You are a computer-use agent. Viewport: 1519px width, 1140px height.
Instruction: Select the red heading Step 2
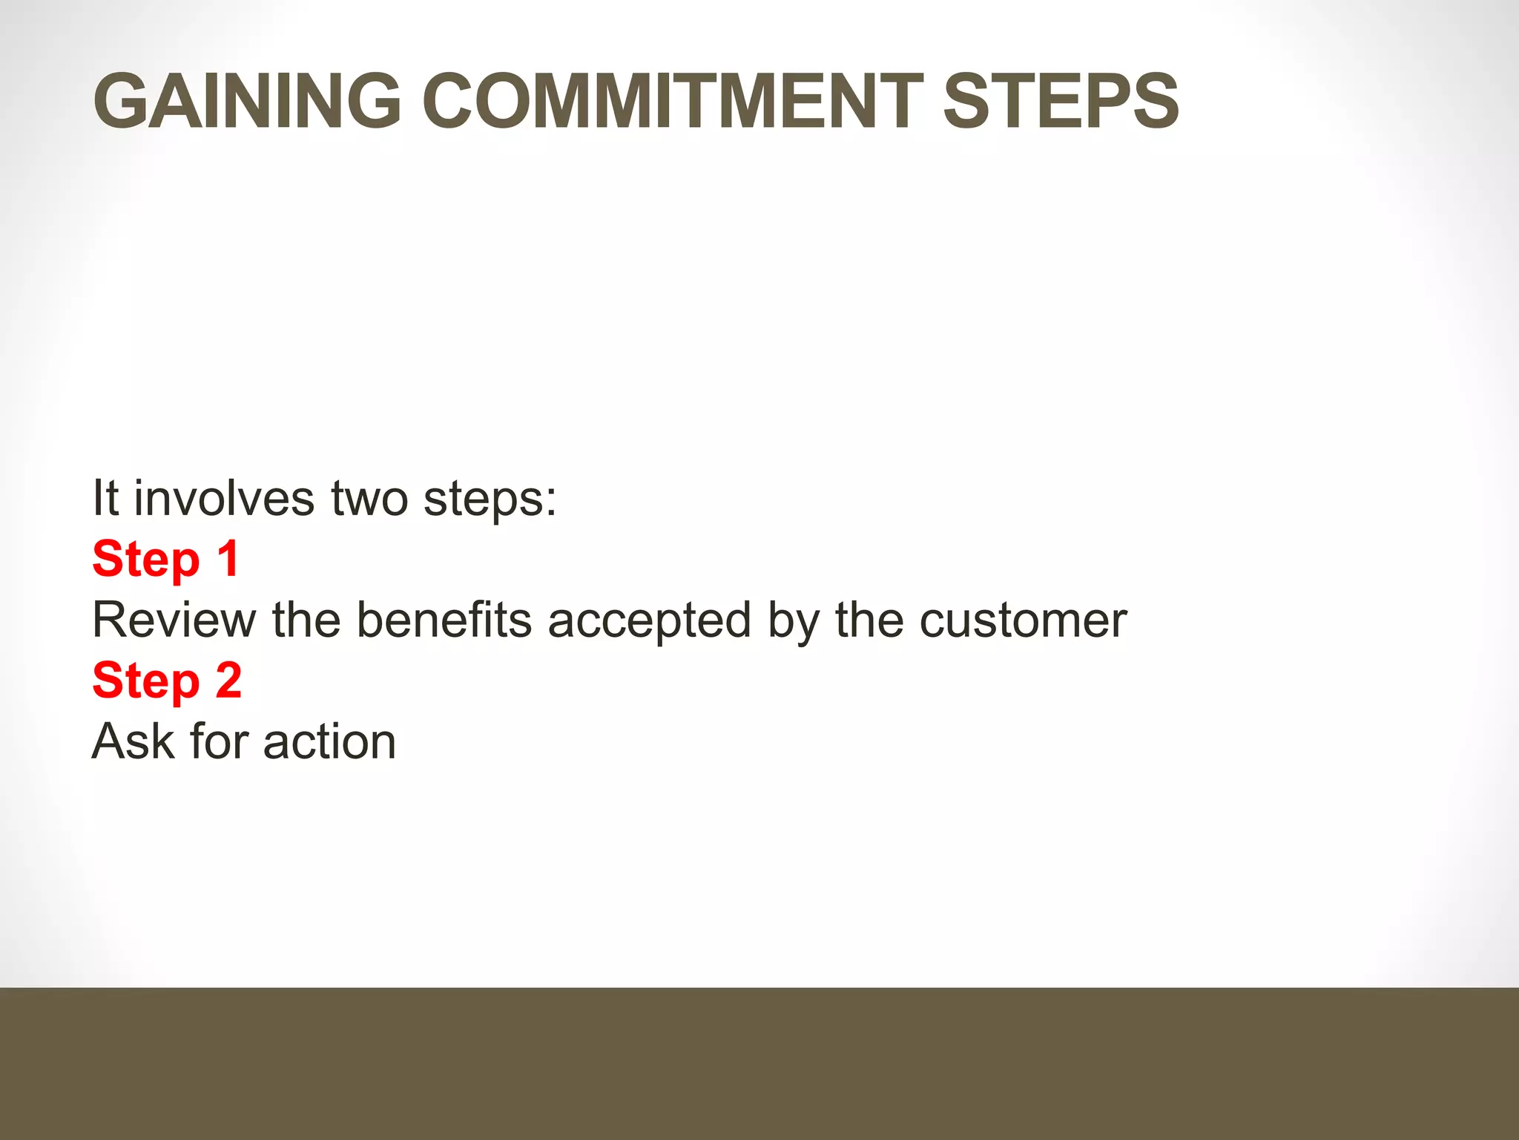point(167,680)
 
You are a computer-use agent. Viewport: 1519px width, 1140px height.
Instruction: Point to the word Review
point(174,620)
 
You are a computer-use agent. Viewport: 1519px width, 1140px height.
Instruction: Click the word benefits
point(444,620)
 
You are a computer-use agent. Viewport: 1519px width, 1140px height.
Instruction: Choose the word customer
point(1023,620)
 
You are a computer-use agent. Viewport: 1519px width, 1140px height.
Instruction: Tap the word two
point(369,499)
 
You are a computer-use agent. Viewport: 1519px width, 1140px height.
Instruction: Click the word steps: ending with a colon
point(490,499)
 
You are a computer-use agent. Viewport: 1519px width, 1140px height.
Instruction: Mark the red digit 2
point(228,680)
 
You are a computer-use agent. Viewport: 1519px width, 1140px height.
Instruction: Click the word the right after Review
point(306,620)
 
